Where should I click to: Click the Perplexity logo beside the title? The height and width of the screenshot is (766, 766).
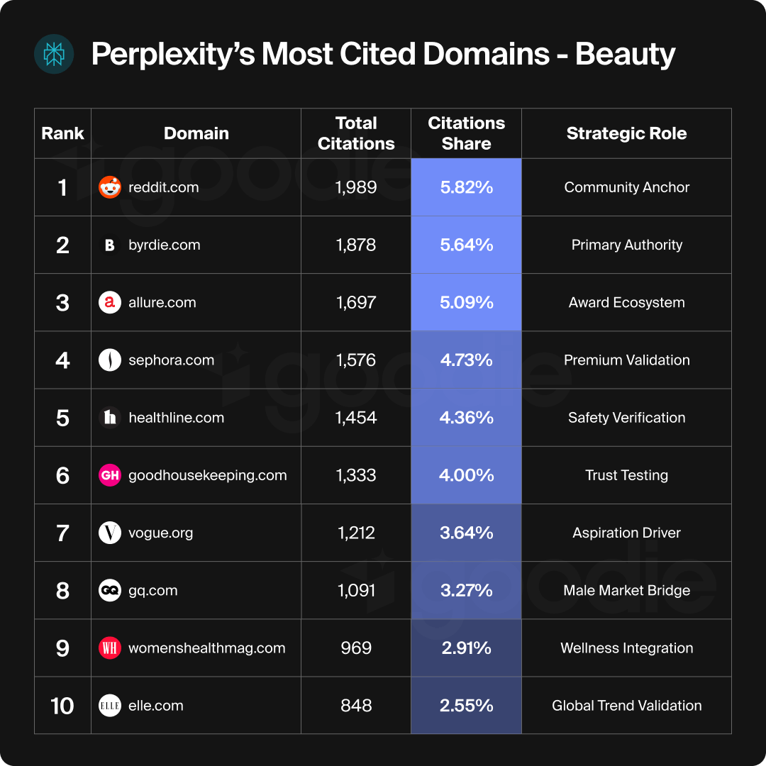(x=54, y=54)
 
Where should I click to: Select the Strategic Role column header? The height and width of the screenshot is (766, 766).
(x=626, y=133)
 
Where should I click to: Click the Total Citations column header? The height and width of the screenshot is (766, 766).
(x=356, y=133)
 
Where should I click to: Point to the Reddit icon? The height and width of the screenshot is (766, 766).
(x=110, y=187)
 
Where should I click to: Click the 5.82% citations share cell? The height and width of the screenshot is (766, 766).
(x=466, y=187)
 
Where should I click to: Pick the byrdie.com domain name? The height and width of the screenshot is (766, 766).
(x=164, y=245)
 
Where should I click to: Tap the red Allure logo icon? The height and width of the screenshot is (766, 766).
(x=110, y=303)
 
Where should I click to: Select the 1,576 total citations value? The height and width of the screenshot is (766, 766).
(x=356, y=360)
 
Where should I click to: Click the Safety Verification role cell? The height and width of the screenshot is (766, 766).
(x=626, y=418)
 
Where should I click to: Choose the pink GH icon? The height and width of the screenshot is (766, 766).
(x=110, y=475)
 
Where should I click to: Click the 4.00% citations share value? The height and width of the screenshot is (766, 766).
(x=466, y=475)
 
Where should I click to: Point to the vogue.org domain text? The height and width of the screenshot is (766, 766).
(x=160, y=533)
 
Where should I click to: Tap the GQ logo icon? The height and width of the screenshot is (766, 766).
(x=110, y=591)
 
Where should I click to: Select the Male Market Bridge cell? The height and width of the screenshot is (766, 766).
(x=626, y=591)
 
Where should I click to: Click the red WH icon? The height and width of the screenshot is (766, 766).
(x=110, y=648)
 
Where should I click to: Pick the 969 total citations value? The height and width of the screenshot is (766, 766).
(x=356, y=648)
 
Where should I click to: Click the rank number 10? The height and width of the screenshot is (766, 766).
(x=62, y=706)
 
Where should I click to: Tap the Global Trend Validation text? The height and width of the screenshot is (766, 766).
(x=626, y=706)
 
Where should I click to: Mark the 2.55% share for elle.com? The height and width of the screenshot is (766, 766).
(x=466, y=706)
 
